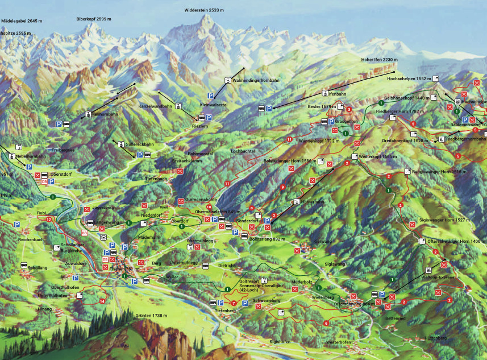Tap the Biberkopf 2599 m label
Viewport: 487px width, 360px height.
coord(94,19)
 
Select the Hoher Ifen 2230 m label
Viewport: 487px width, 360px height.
coord(380,60)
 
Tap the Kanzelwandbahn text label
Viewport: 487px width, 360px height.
coord(155,106)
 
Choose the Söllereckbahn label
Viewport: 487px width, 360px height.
coord(140,144)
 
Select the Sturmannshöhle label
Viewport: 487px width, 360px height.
coord(197,200)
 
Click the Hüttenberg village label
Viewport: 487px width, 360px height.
coord(435,338)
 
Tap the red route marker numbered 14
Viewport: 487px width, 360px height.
coord(102,301)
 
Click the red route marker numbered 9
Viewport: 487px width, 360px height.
coord(282,187)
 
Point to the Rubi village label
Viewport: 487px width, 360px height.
coord(41,213)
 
